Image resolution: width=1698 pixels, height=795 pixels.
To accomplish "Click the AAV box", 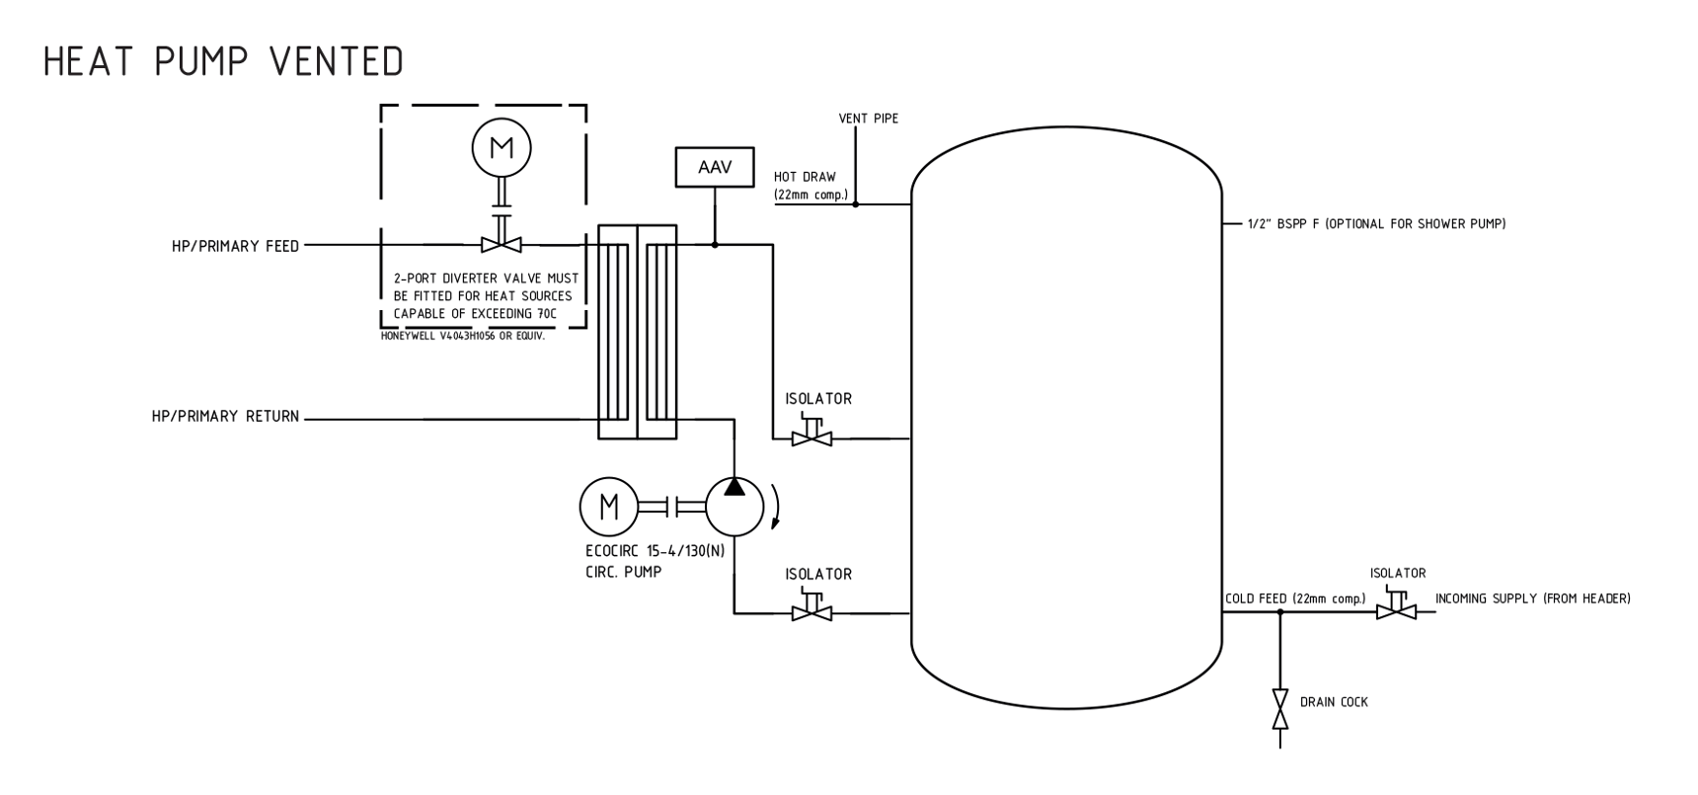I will tap(715, 167).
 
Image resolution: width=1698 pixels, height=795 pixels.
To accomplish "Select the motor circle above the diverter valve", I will tap(502, 148).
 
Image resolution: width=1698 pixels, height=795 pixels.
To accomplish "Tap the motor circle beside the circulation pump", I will tap(609, 507).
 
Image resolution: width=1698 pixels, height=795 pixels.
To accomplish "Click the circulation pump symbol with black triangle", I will tap(734, 507).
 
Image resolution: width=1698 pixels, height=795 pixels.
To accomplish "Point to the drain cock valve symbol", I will tap(1280, 709).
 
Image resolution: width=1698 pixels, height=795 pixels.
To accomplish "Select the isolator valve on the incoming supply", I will tap(1396, 610).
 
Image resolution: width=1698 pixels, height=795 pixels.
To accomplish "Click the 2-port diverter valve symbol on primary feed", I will tap(502, 243).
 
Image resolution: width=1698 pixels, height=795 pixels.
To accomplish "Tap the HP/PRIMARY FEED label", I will tap(235, 246).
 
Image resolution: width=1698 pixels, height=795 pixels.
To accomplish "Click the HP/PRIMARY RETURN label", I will tap(225, 417).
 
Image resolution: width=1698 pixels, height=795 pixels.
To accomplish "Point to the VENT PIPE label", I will tap(868, 119).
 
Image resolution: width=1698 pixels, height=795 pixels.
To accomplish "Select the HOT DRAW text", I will tap(805, 178).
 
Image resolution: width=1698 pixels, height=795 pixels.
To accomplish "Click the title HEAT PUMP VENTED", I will tap(223, 62).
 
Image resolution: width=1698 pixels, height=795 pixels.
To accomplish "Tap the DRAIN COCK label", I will tap(1334, 702).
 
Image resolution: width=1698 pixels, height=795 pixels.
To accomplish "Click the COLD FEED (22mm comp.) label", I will tap(1295, 598).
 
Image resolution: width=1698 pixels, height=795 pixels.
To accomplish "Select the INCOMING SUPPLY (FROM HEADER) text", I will tap(1532, 598).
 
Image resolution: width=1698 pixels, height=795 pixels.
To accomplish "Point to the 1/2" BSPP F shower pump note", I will tap(1376, 224).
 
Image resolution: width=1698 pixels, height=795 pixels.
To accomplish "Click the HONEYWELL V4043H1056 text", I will tap(462, 336).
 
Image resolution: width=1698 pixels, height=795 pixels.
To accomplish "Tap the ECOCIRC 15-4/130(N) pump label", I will tap(655, 551).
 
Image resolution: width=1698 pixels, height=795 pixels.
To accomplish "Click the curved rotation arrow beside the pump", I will tap(776, 507).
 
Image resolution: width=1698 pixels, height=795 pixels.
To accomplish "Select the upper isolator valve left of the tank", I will tap(811, 436).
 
